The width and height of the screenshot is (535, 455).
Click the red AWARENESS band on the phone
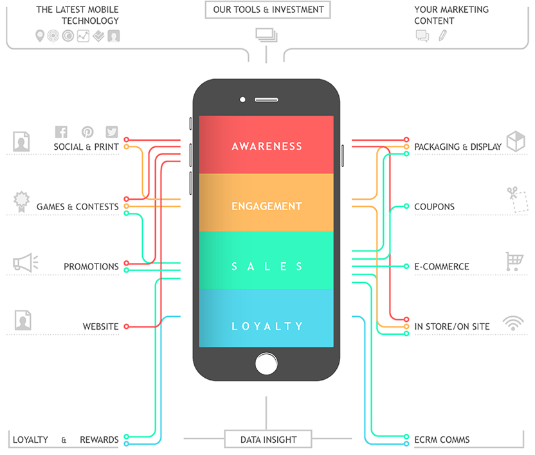pyautogui.click(x=266, y=146)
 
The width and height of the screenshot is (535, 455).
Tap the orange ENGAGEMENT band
pyautogui.click(x=266, y=206)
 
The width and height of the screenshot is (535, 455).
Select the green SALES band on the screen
pyautogui.click(x=266, y=266)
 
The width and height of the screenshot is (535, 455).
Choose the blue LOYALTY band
pyautogui.click(x=266, y=326)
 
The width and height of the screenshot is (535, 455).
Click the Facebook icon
pyautogui.click(x=62, y=132)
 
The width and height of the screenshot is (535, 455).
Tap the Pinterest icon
pyautogui.click(x=87, y=132)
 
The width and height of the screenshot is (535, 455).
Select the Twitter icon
pyautogui.click(x=112, y=132)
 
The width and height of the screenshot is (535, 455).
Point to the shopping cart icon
pyautogui.click(x=514, y=261)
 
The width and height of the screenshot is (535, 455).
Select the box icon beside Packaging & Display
pyautogui.click(x=516, y=141)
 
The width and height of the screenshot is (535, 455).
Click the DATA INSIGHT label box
pyautogui.click(x=268, y=440)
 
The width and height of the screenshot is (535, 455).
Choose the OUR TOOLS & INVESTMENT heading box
pyautogui.click(x=268, y=10)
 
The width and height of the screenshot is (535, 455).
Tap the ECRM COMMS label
pyautogui.click(x=442, y=440)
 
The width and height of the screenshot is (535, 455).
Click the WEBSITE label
pyautogui.click(x=100, y=326)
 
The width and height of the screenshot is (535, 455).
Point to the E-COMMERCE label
pyautogui.click(x=442, y=267)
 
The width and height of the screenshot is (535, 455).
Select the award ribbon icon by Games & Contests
pyautogui.click(x=22, y=201)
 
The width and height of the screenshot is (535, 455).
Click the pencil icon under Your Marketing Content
pyautogui.click(x=442, y=35)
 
